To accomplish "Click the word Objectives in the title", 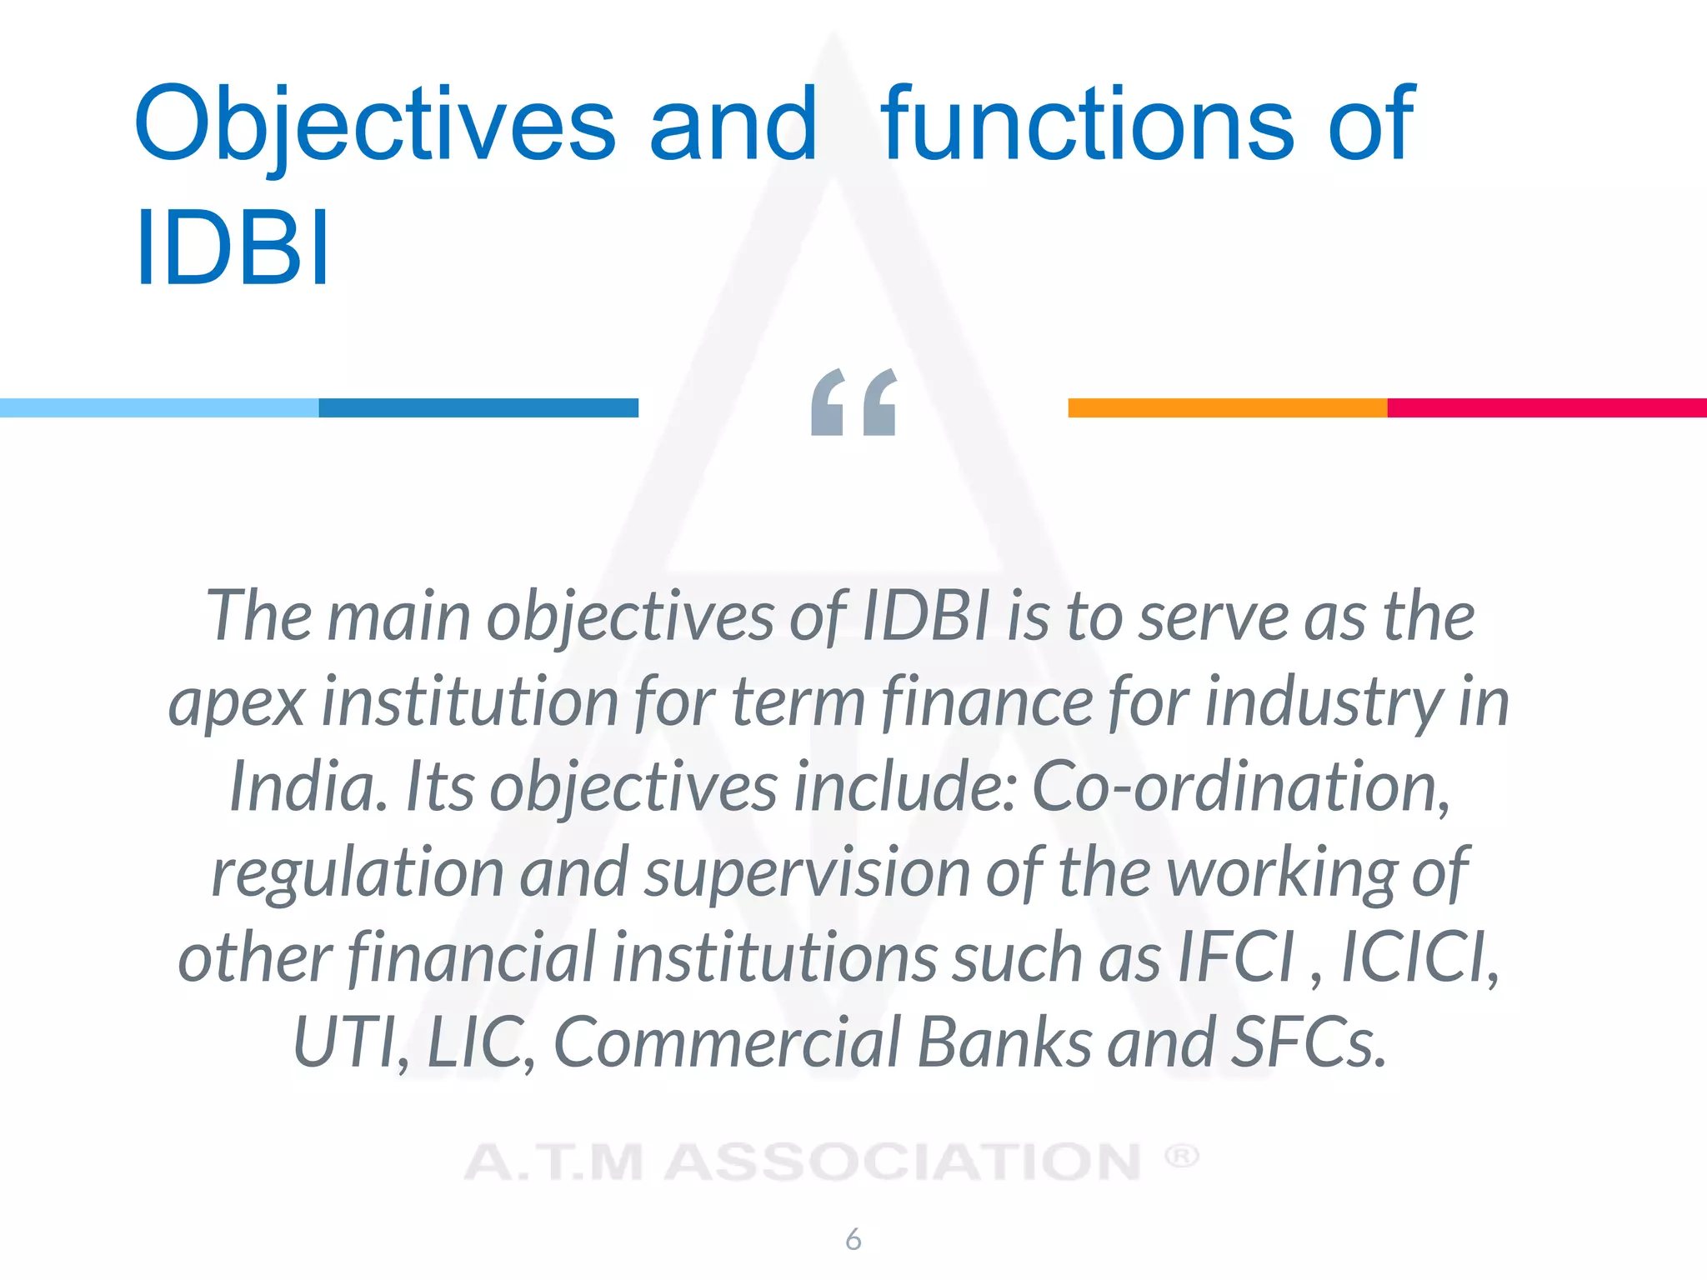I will pyautogui.click(x=374, y=125).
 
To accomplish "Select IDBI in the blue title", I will pyautogui.click(x=233, y=247).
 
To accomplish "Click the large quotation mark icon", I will pyautogui.click(x=853, y=402).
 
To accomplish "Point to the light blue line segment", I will pyautogui.click(x=159, y=407).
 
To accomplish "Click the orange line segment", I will pyautogui.click(x=1228, y=407).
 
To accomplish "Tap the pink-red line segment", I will pyautogui.click(x=1547, y=407).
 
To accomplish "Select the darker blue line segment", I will pyautogui.click(x=478, y=407).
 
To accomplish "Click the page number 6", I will pyautogui.click(x=853, y=1239).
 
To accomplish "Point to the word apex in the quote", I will pyautogui.click(x=237, y=702).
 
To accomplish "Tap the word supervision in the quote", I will pyautogui.click(x=807, y=872).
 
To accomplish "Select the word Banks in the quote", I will pyautogui.click(x=1004, y=1042).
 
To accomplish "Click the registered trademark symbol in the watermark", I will pyautogui.click(x=1181, y=1156).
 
